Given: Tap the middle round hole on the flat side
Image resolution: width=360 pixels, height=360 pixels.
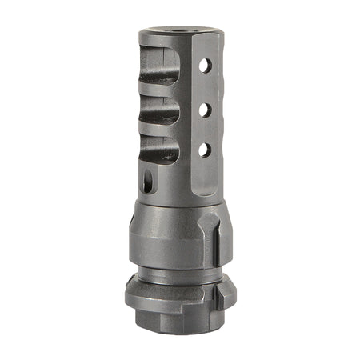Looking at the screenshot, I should point(206,108).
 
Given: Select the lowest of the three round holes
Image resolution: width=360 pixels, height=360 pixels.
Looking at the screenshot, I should point(206,149).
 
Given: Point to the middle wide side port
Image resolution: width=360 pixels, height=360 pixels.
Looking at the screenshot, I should point(161,111).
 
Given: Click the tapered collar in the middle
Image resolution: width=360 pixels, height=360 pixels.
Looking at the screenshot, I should point(168,232).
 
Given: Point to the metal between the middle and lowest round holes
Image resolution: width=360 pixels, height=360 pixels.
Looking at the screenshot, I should point(206,129).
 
